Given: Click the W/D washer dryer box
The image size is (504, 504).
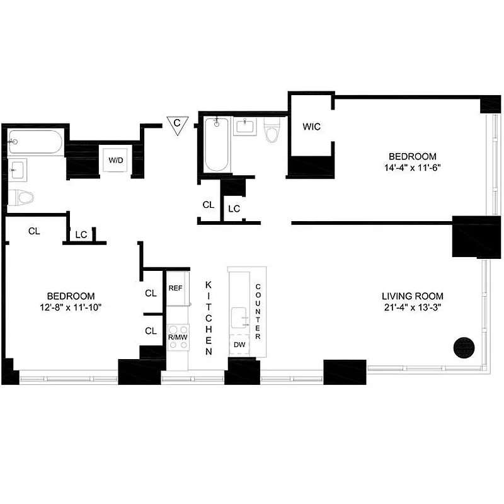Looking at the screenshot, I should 116,160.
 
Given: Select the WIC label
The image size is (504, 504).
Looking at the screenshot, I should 311,127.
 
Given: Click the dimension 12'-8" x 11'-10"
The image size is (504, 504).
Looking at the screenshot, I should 71,307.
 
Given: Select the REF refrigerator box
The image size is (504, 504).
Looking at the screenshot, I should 176,289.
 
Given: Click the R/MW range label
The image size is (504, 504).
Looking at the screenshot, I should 177,338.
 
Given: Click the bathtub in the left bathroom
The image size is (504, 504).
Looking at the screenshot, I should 35,144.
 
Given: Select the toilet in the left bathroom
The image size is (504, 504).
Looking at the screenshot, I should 22,198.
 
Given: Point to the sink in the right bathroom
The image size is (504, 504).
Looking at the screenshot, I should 244,126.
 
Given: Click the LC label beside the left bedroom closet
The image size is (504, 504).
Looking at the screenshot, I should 81,234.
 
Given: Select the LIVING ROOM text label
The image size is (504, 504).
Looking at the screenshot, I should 412,296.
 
